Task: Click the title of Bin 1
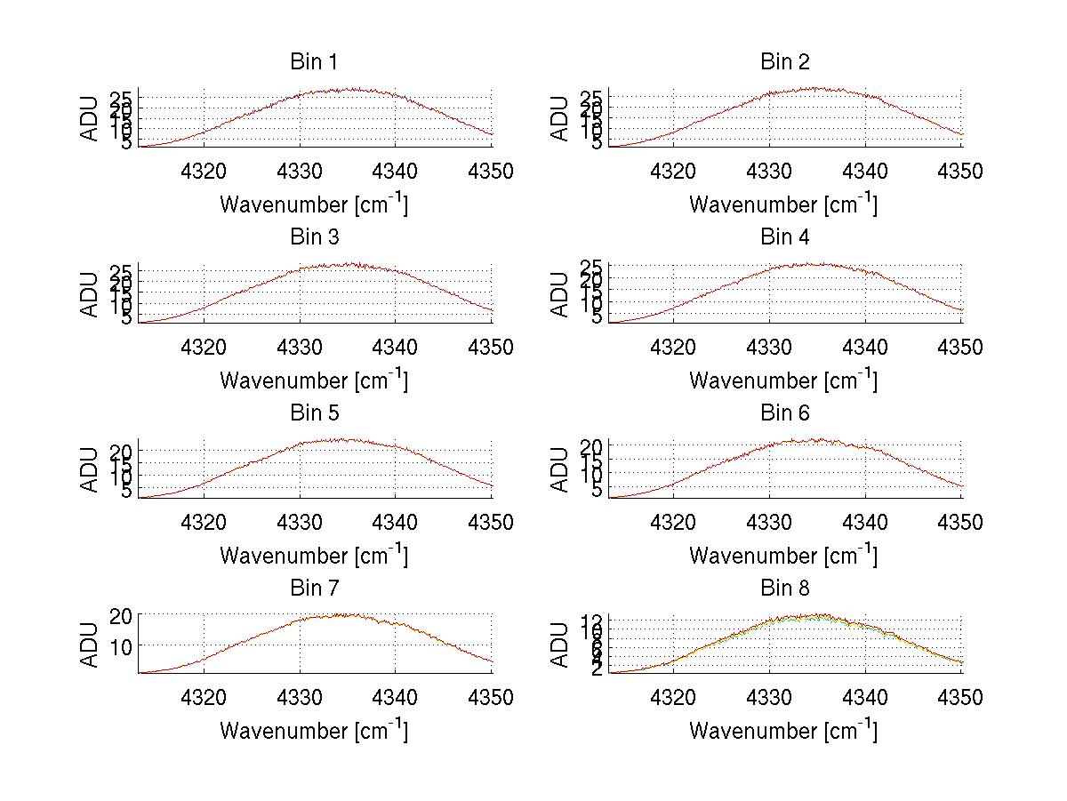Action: [314, 62]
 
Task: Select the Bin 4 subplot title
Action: [785, 237]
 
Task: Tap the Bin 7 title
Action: [314, 589]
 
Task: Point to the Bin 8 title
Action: [785, 589]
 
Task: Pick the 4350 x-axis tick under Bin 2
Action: [960, 172]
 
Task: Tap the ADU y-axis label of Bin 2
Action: [559, 117]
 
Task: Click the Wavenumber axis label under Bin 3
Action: [314, 380]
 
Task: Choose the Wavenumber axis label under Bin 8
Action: [783, 731]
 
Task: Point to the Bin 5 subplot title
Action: [314, 413]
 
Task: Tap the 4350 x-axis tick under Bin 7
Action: [491, 698]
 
